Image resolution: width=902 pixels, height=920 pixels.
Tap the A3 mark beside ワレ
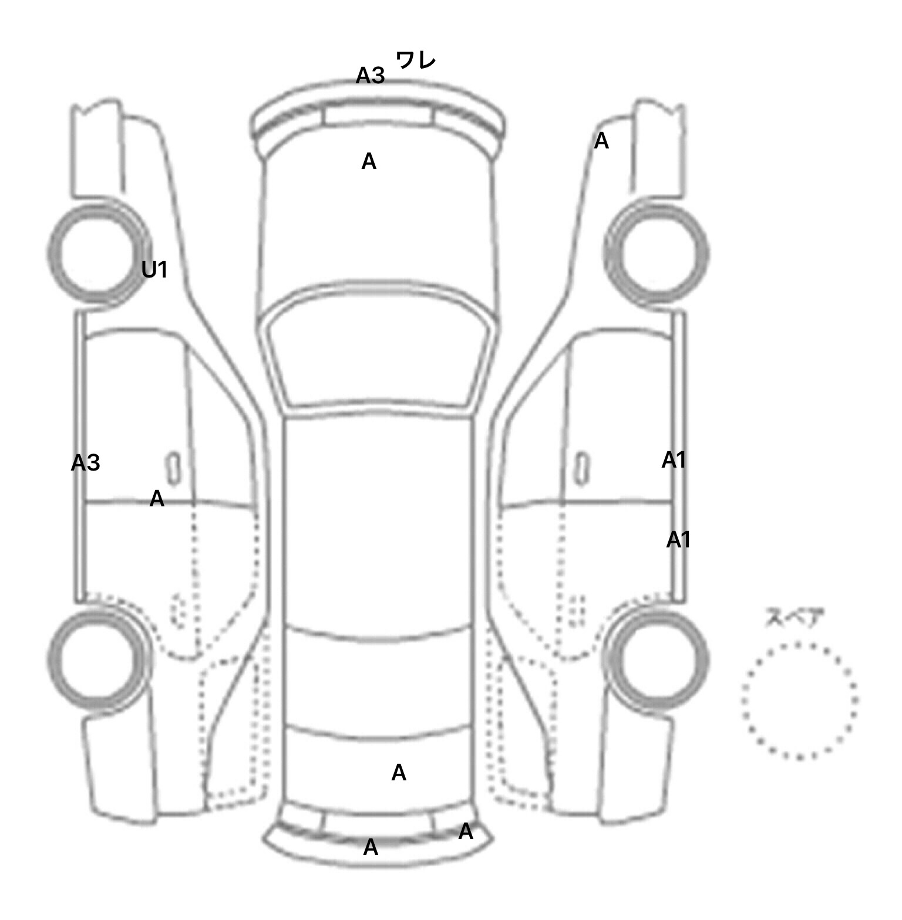371,76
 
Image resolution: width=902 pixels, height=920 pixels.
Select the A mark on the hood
369,161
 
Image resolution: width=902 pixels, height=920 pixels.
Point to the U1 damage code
154,270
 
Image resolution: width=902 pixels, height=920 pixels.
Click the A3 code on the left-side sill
86,464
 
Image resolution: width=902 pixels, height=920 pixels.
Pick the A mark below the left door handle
157,499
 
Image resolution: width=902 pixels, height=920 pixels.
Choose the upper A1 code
674,461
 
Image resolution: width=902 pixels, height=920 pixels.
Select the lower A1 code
678,540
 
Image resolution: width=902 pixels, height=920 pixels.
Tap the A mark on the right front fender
601,141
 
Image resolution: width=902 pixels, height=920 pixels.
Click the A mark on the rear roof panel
399,773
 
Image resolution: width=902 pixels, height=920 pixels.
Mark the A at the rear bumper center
371,847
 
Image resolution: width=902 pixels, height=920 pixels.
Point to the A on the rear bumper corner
466,831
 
